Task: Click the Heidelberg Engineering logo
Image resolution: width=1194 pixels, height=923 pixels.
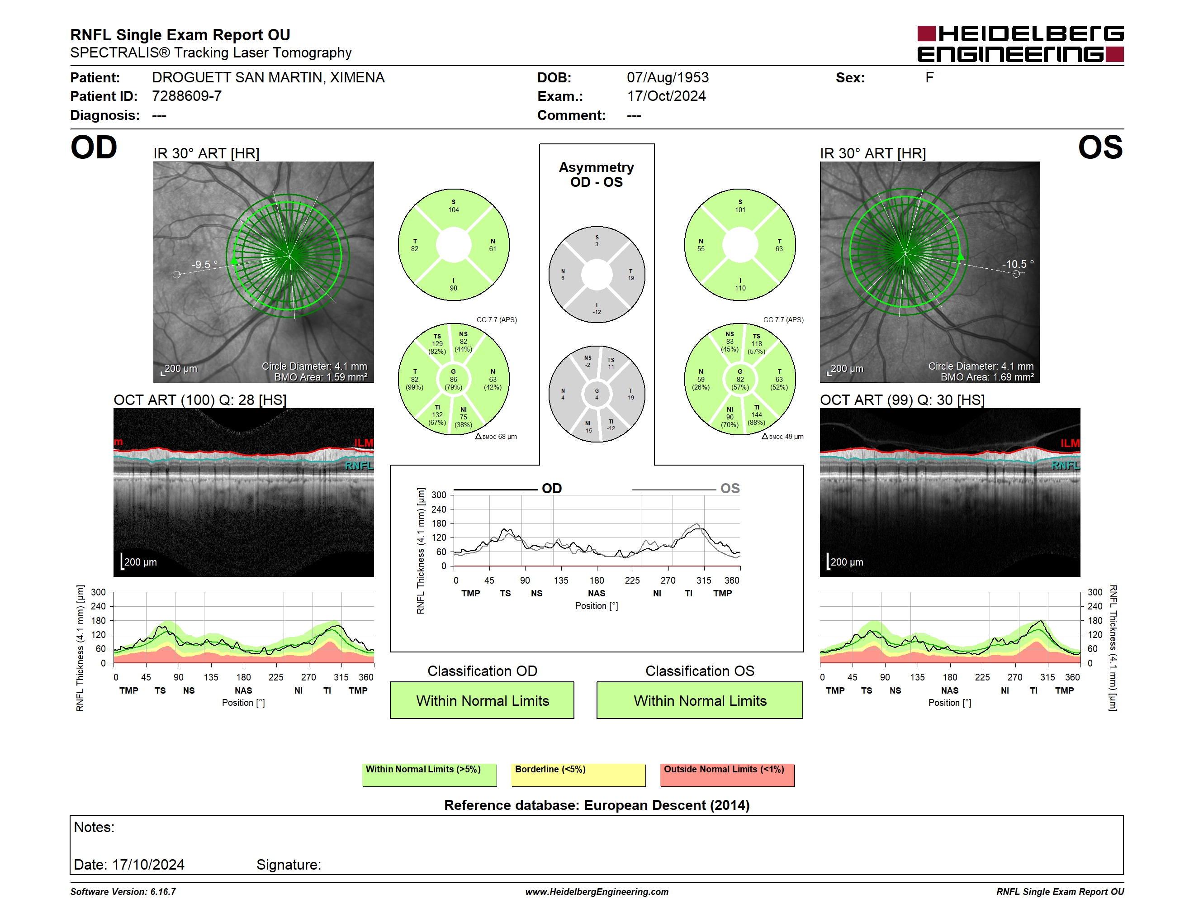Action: click(x=1020, y=44)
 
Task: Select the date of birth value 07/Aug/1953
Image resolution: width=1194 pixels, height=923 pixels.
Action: click(x=668, y=78)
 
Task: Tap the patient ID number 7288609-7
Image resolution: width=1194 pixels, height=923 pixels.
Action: click(x=186, y=96)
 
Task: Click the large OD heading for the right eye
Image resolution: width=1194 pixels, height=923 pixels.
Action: click(x=94, y=147)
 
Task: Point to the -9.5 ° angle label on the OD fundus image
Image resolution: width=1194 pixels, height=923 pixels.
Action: click(x=204, y=264)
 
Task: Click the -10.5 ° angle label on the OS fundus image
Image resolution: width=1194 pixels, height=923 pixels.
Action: click(x=1018, y=264)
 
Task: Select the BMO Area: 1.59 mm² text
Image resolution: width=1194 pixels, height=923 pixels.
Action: click(x=320, y=377)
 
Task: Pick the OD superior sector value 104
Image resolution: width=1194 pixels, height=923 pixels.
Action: click(x=453, y=210)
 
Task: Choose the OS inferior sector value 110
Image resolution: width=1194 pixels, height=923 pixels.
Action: click(x=740, y=288)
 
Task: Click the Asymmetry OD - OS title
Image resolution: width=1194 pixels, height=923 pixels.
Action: click(x=597, y=175)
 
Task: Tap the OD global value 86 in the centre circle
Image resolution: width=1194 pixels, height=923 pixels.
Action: click(x=453, y=379)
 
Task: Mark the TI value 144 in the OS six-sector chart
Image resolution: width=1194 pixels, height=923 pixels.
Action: click(x=756, y=415)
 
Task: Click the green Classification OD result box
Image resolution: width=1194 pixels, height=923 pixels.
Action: click(x=482, y=700)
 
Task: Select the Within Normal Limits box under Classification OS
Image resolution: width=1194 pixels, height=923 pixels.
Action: click(x=700, y=700)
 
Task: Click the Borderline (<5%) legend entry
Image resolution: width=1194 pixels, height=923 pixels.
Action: click(x=578, y=774)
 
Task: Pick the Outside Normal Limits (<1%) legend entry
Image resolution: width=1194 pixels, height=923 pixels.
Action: click(x=727, y=774)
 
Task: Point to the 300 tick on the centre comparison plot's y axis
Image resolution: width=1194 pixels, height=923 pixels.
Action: click(x=439, y=495)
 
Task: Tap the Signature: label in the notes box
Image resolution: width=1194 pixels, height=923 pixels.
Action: click(x=289, y=865)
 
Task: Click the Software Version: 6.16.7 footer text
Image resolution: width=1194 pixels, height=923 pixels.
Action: click(x=123, y=892)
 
